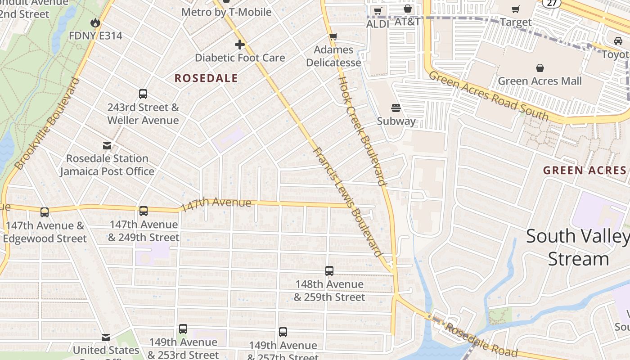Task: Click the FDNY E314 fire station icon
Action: (x=95, y=22)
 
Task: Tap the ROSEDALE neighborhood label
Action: (x=206, y=78)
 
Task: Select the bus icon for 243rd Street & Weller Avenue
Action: (x=143, y=94)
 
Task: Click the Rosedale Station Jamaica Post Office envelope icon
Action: (x=107, y=145)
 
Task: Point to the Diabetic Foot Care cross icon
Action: (x=239, y=45)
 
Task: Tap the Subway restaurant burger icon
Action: (x=396, y=108)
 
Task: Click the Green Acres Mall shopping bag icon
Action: (x=540, y=68)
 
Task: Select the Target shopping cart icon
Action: (x=516, y=9)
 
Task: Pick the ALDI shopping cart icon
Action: (x=378, y=11)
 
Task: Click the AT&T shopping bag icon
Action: (x=408, y=9)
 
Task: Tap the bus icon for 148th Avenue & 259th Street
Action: (x=329, y=271)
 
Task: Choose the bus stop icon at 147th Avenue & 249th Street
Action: (x=144, y=211)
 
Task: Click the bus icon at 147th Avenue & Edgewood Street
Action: (x=44, y=212)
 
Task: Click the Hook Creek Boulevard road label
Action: (x=362, y=130)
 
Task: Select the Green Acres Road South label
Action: (x=488, y=96)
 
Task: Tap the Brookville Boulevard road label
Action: (x=47, y=124)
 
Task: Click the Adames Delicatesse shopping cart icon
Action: (x=333, y=37)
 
